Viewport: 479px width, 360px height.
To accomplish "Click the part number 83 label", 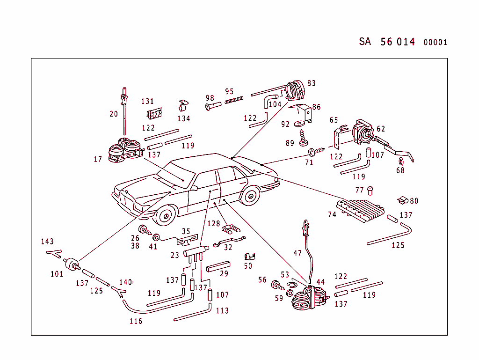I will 311,83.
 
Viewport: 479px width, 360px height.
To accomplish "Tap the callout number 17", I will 97,159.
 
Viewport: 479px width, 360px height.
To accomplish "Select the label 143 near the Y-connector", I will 47,242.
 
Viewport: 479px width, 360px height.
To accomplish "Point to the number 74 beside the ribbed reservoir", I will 332,214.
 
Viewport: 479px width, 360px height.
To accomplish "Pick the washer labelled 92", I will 299,125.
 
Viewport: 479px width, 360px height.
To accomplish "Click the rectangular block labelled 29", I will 218,266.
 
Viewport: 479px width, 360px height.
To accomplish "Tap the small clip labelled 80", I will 402,200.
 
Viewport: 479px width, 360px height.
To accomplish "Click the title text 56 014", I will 398,42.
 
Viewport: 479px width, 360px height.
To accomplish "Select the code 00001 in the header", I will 435,42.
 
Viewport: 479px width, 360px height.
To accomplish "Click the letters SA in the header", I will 365,41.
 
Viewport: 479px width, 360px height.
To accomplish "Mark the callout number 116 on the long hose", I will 136,321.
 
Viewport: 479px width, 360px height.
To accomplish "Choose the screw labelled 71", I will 317,151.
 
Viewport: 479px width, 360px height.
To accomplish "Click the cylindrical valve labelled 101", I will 72,264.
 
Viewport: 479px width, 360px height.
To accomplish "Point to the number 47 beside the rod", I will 298,253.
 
